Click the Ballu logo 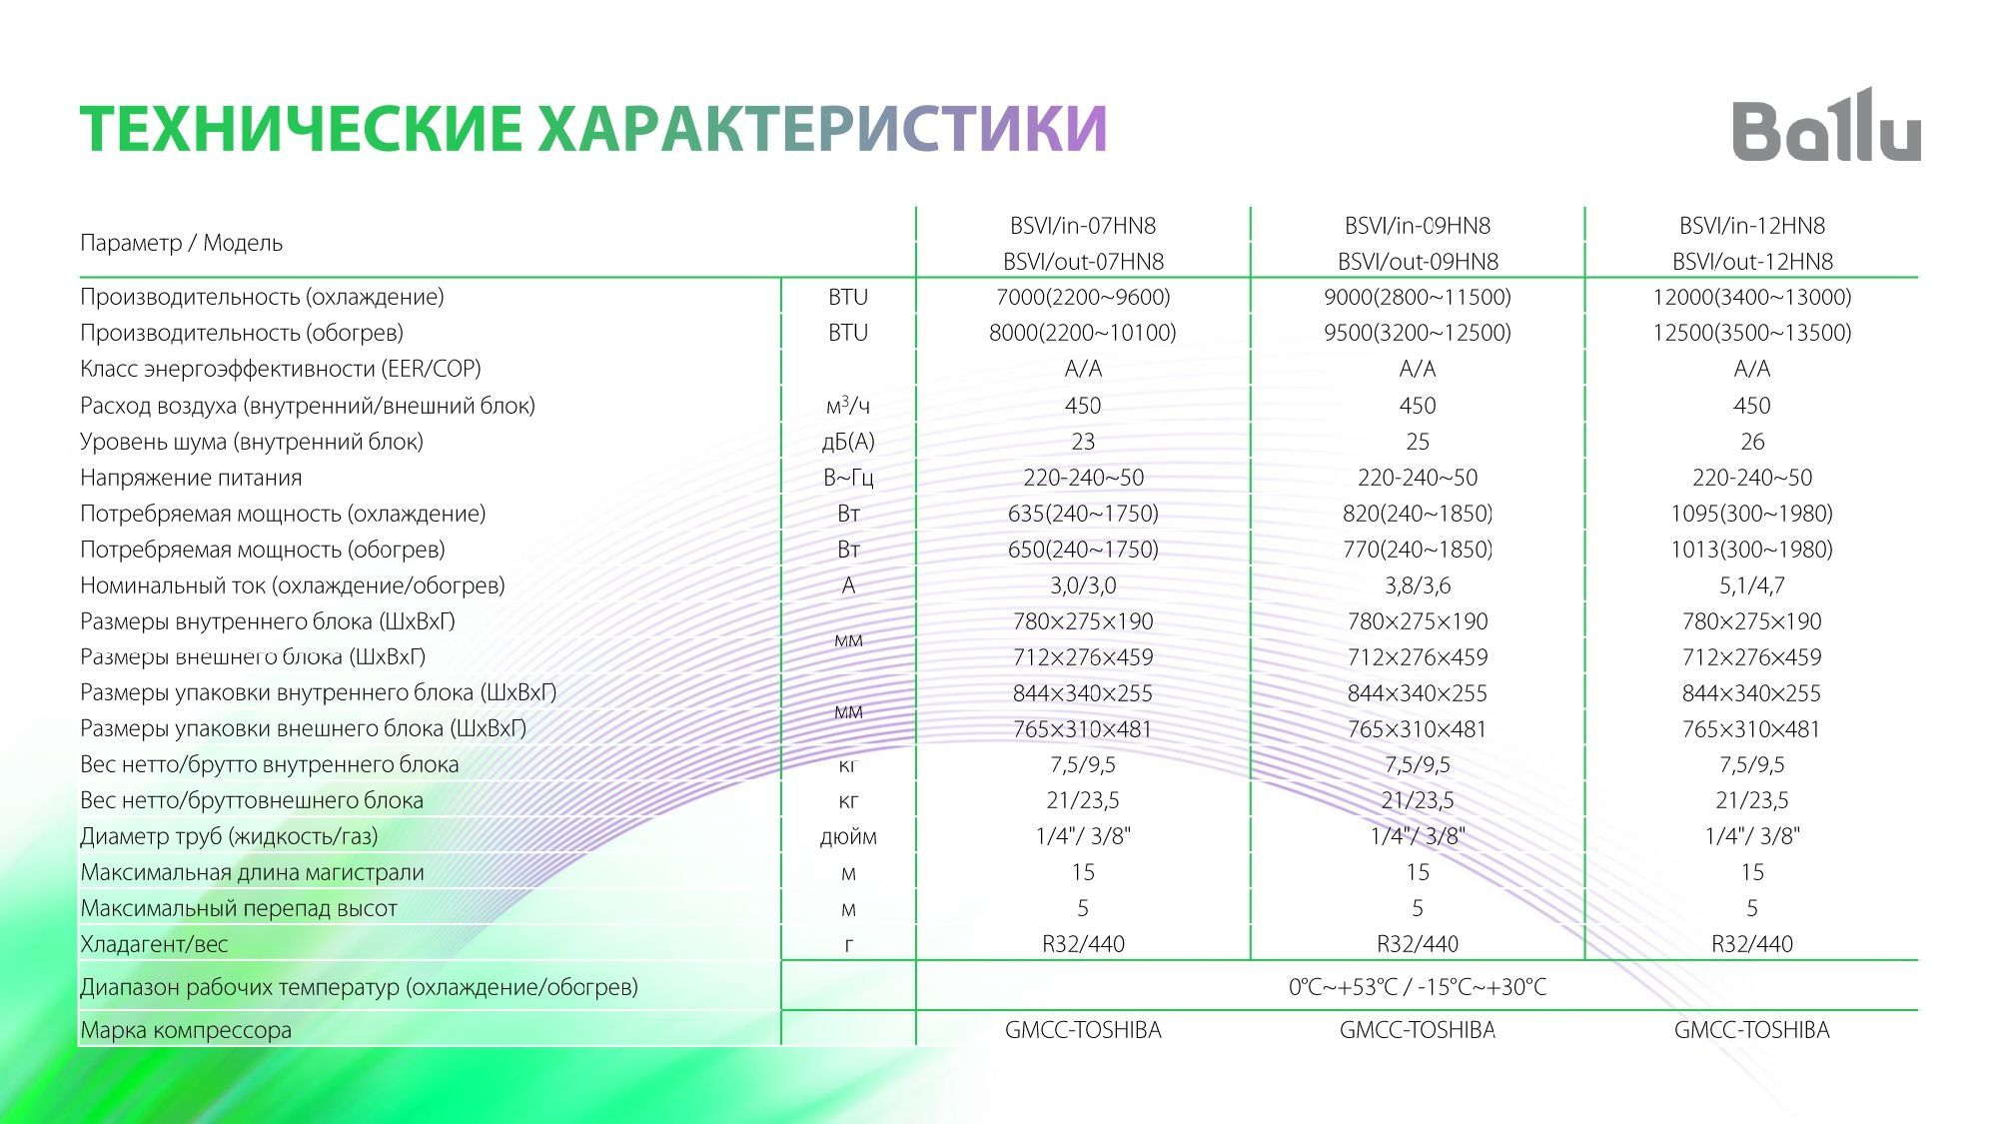pyautogui.click(x=1826, y=127)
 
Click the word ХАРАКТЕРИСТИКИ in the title pyautogui.click(x=822, y=129)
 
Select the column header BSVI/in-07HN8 pyautogui.click(x=1083, y=226)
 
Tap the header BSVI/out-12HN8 pyautogui.click(x=1752, y=262)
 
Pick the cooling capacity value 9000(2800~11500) pyautogui.click(x=1417, y=297)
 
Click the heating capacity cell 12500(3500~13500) pyautogui.click(x=1751, y=333)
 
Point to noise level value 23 pyautogui.click(x=1083, y=442)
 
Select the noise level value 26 pyautogui.click(x=1752, y=442)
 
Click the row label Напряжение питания pyautogui.click(x=191, y=478)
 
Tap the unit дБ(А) pyautogui.click(x=848, y=442)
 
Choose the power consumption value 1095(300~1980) pyautogui.click(x=1751, y=514)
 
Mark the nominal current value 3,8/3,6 pyautogui.click(x=1417, y=585)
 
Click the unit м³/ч pyautogui.click(x=848, y=406)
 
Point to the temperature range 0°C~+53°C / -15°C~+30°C pyautogui.click(x=1417, y=987)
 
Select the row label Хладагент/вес pyautogui.click(x=154, y=944)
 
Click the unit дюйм pyautogui.click(x=848, y=836)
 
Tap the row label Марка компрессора pyautogui.click(x=186, y=1030)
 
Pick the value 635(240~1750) pyautogui.click(x=1083, y=514)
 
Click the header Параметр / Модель pyautogui.click(x=181, y=243)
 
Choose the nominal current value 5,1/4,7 pyautogui.click(x=1751, y=585)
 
